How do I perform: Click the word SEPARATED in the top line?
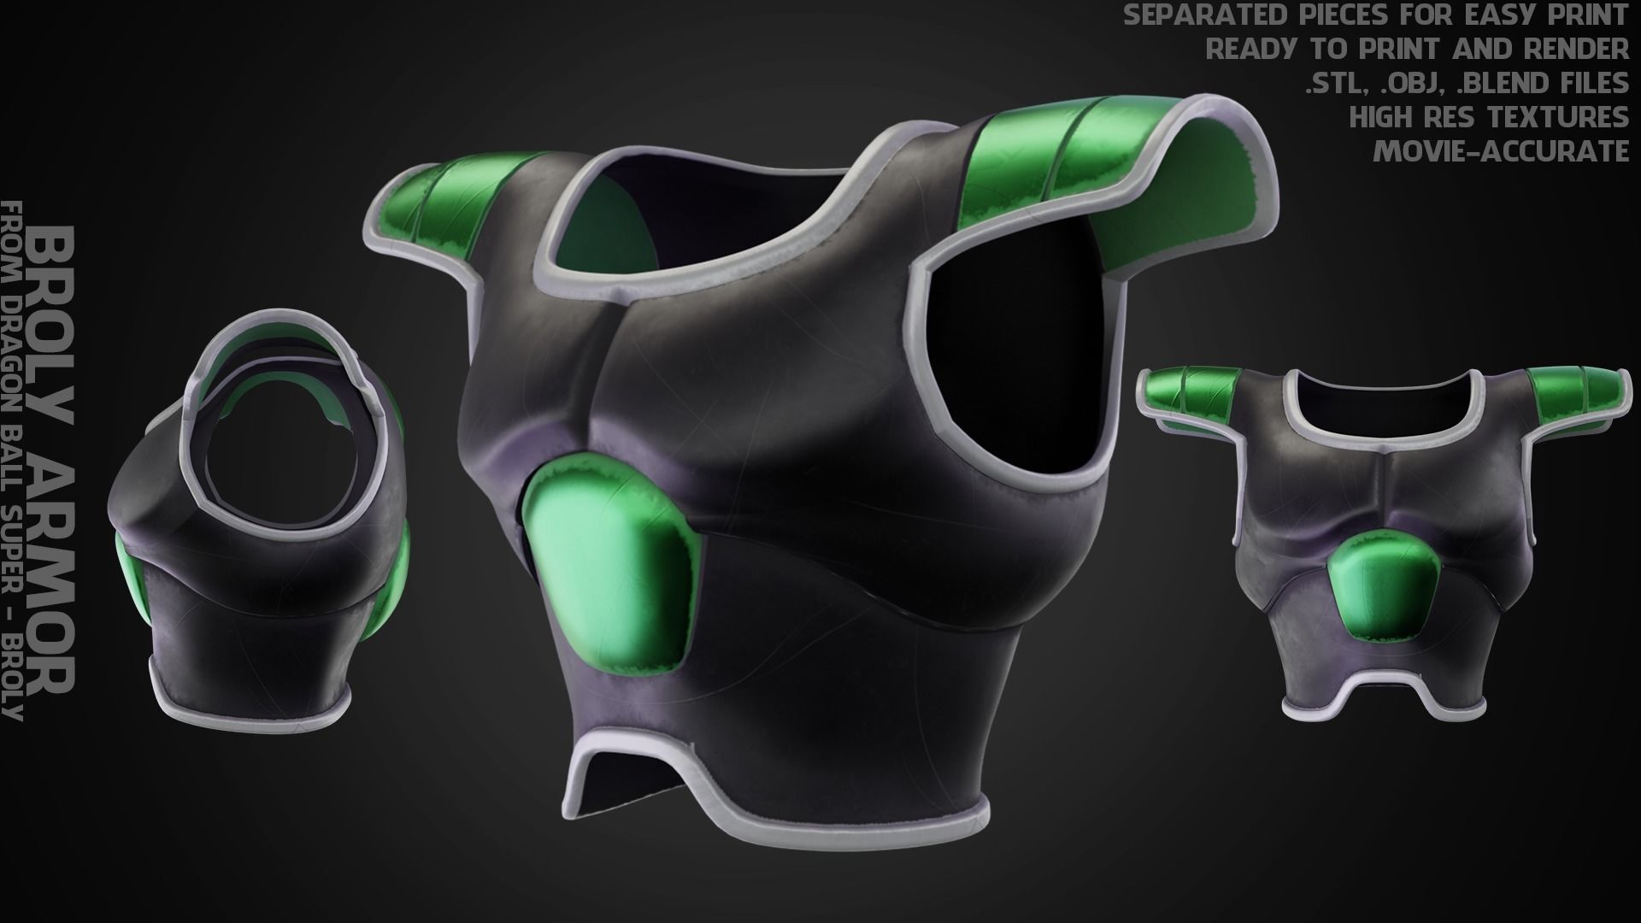[1221, 15]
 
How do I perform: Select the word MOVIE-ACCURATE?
[1501, 151]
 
